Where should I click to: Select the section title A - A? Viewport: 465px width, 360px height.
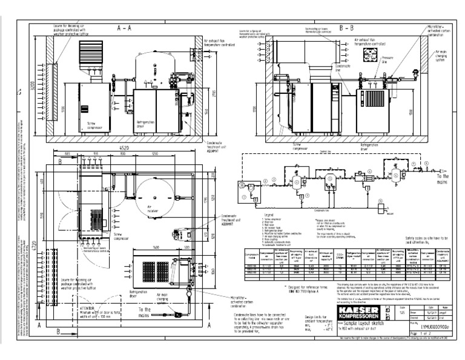[x=125, y=28]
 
